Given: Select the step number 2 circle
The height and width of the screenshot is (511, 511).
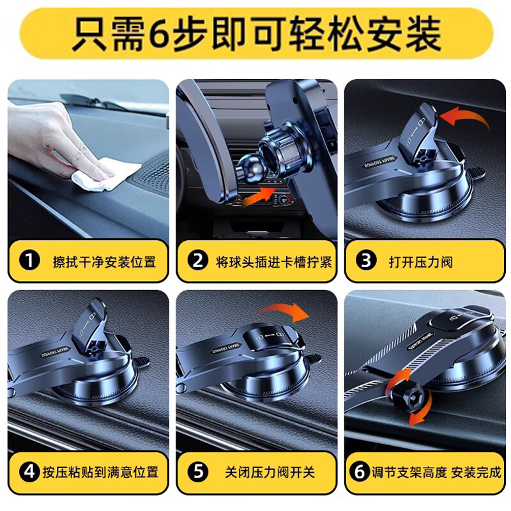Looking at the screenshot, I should [x=197, y=261].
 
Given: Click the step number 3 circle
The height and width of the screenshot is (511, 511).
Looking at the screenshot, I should [x=366, y=261].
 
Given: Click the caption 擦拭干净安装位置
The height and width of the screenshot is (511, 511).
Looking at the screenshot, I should [x=103, y=261].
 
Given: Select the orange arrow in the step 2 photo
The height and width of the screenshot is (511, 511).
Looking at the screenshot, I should [x=262, y=197].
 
